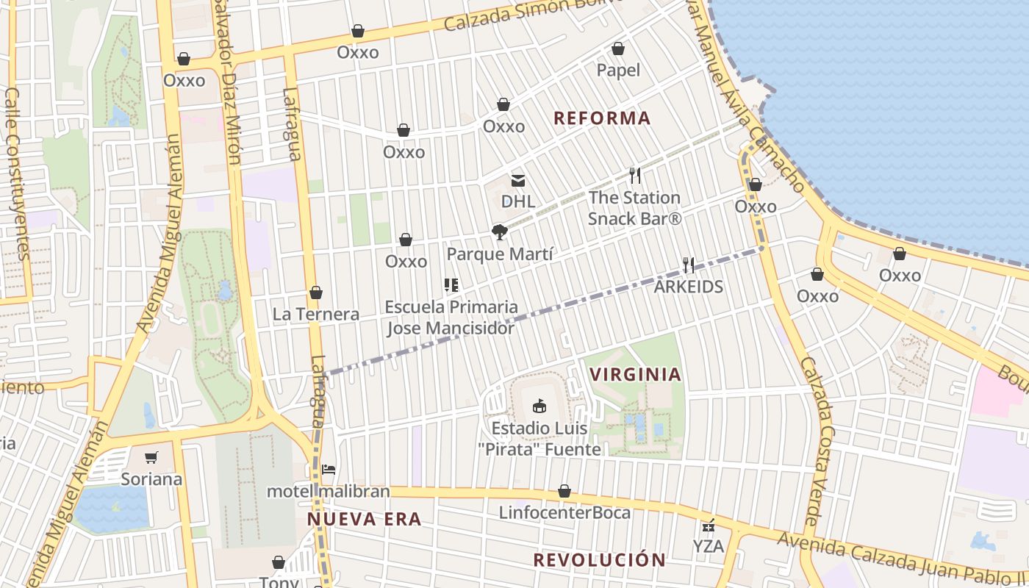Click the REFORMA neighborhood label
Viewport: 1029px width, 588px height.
pos(602,118)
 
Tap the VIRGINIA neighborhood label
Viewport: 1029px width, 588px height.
pos(635,374)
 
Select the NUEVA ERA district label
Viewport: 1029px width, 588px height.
pos(364,520)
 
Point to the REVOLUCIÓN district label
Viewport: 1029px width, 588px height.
pos(599,559)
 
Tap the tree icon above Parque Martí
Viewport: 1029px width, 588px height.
pos(500,233)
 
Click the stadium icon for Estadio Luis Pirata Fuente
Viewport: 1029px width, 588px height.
pos(539,406)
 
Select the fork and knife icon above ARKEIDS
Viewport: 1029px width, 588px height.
pos(689,265)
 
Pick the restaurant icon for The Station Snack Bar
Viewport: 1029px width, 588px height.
pos(635,176)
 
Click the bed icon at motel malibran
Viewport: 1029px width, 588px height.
pos(329,469)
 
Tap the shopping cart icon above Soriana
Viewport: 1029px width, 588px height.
pos(151,458)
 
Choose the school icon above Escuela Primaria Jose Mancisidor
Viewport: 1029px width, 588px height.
pos(451,285)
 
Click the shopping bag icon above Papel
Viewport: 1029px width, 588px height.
pos(618,49)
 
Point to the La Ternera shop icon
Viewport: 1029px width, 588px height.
pos(316,293)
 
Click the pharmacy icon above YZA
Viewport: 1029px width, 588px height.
pos(709,525)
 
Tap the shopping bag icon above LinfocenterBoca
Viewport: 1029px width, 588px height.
pos(564,491)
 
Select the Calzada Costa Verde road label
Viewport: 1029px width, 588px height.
pos(817,441)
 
